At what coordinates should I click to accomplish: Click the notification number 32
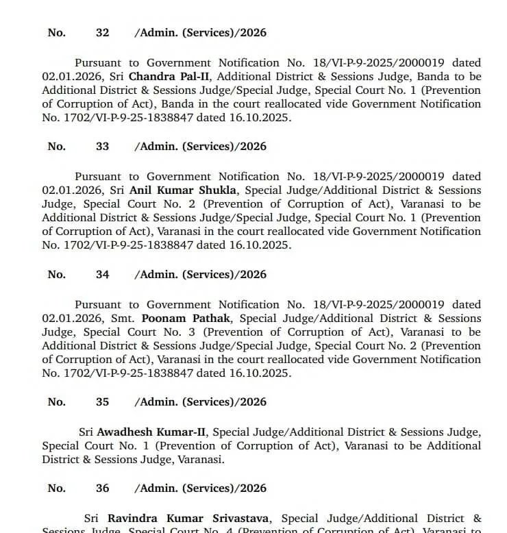(x=102, y=32)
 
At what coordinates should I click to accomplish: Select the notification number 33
(x=102, y=146)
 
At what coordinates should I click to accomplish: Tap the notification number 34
(x=102, y=274)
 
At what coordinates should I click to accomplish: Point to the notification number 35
(x=102, y=401)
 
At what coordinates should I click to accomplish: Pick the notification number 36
(x=102, y=488)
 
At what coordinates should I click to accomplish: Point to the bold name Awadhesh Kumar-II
(x=152, y=432)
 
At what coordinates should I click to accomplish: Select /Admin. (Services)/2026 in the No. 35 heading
(x=200, y=401)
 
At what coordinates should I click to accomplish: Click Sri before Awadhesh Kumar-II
(x=86, y=432)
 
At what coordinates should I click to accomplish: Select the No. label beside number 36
(x=57, y=488)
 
